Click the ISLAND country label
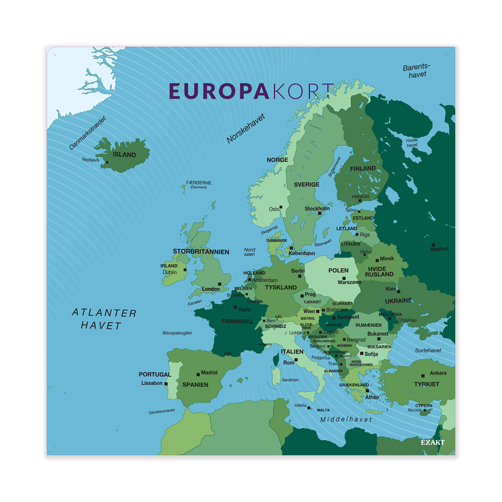124,155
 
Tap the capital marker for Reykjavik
107,162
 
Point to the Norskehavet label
245,129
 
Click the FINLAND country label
363,168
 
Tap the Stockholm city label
317,208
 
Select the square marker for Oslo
282,207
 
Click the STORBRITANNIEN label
201,252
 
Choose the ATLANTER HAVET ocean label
104,319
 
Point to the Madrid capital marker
198,373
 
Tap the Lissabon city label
152,383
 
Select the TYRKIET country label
427,384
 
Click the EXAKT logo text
433,442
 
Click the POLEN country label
338,271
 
